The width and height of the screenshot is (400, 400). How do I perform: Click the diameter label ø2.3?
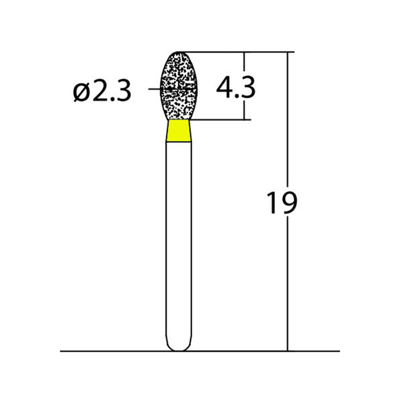click(102, 91)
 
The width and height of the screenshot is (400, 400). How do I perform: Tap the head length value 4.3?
click(235, 87)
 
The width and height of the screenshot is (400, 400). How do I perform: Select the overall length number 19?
click(281, 202)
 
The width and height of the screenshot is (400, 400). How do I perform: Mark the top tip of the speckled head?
click(178, 52)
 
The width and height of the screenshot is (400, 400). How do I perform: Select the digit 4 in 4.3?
click(224, 87)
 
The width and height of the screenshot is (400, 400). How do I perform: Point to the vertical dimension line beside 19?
click(288, 280)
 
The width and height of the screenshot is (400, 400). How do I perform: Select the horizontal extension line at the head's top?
click(235, 51)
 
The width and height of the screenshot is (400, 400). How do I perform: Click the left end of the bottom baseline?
click(61, 351)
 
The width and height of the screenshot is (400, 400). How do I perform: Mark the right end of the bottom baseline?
click(338, 351)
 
